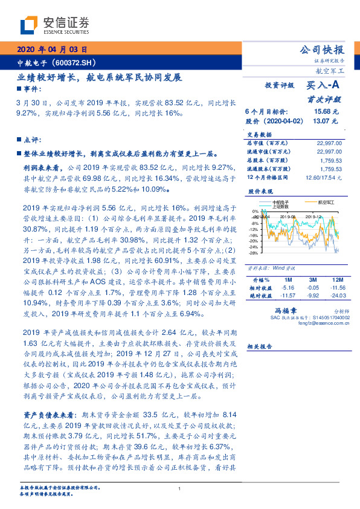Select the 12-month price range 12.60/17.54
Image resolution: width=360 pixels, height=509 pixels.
coord(325,177)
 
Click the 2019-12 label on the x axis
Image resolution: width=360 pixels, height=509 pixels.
coord(313,215)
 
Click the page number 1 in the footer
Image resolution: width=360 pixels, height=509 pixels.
coord(179,490)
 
